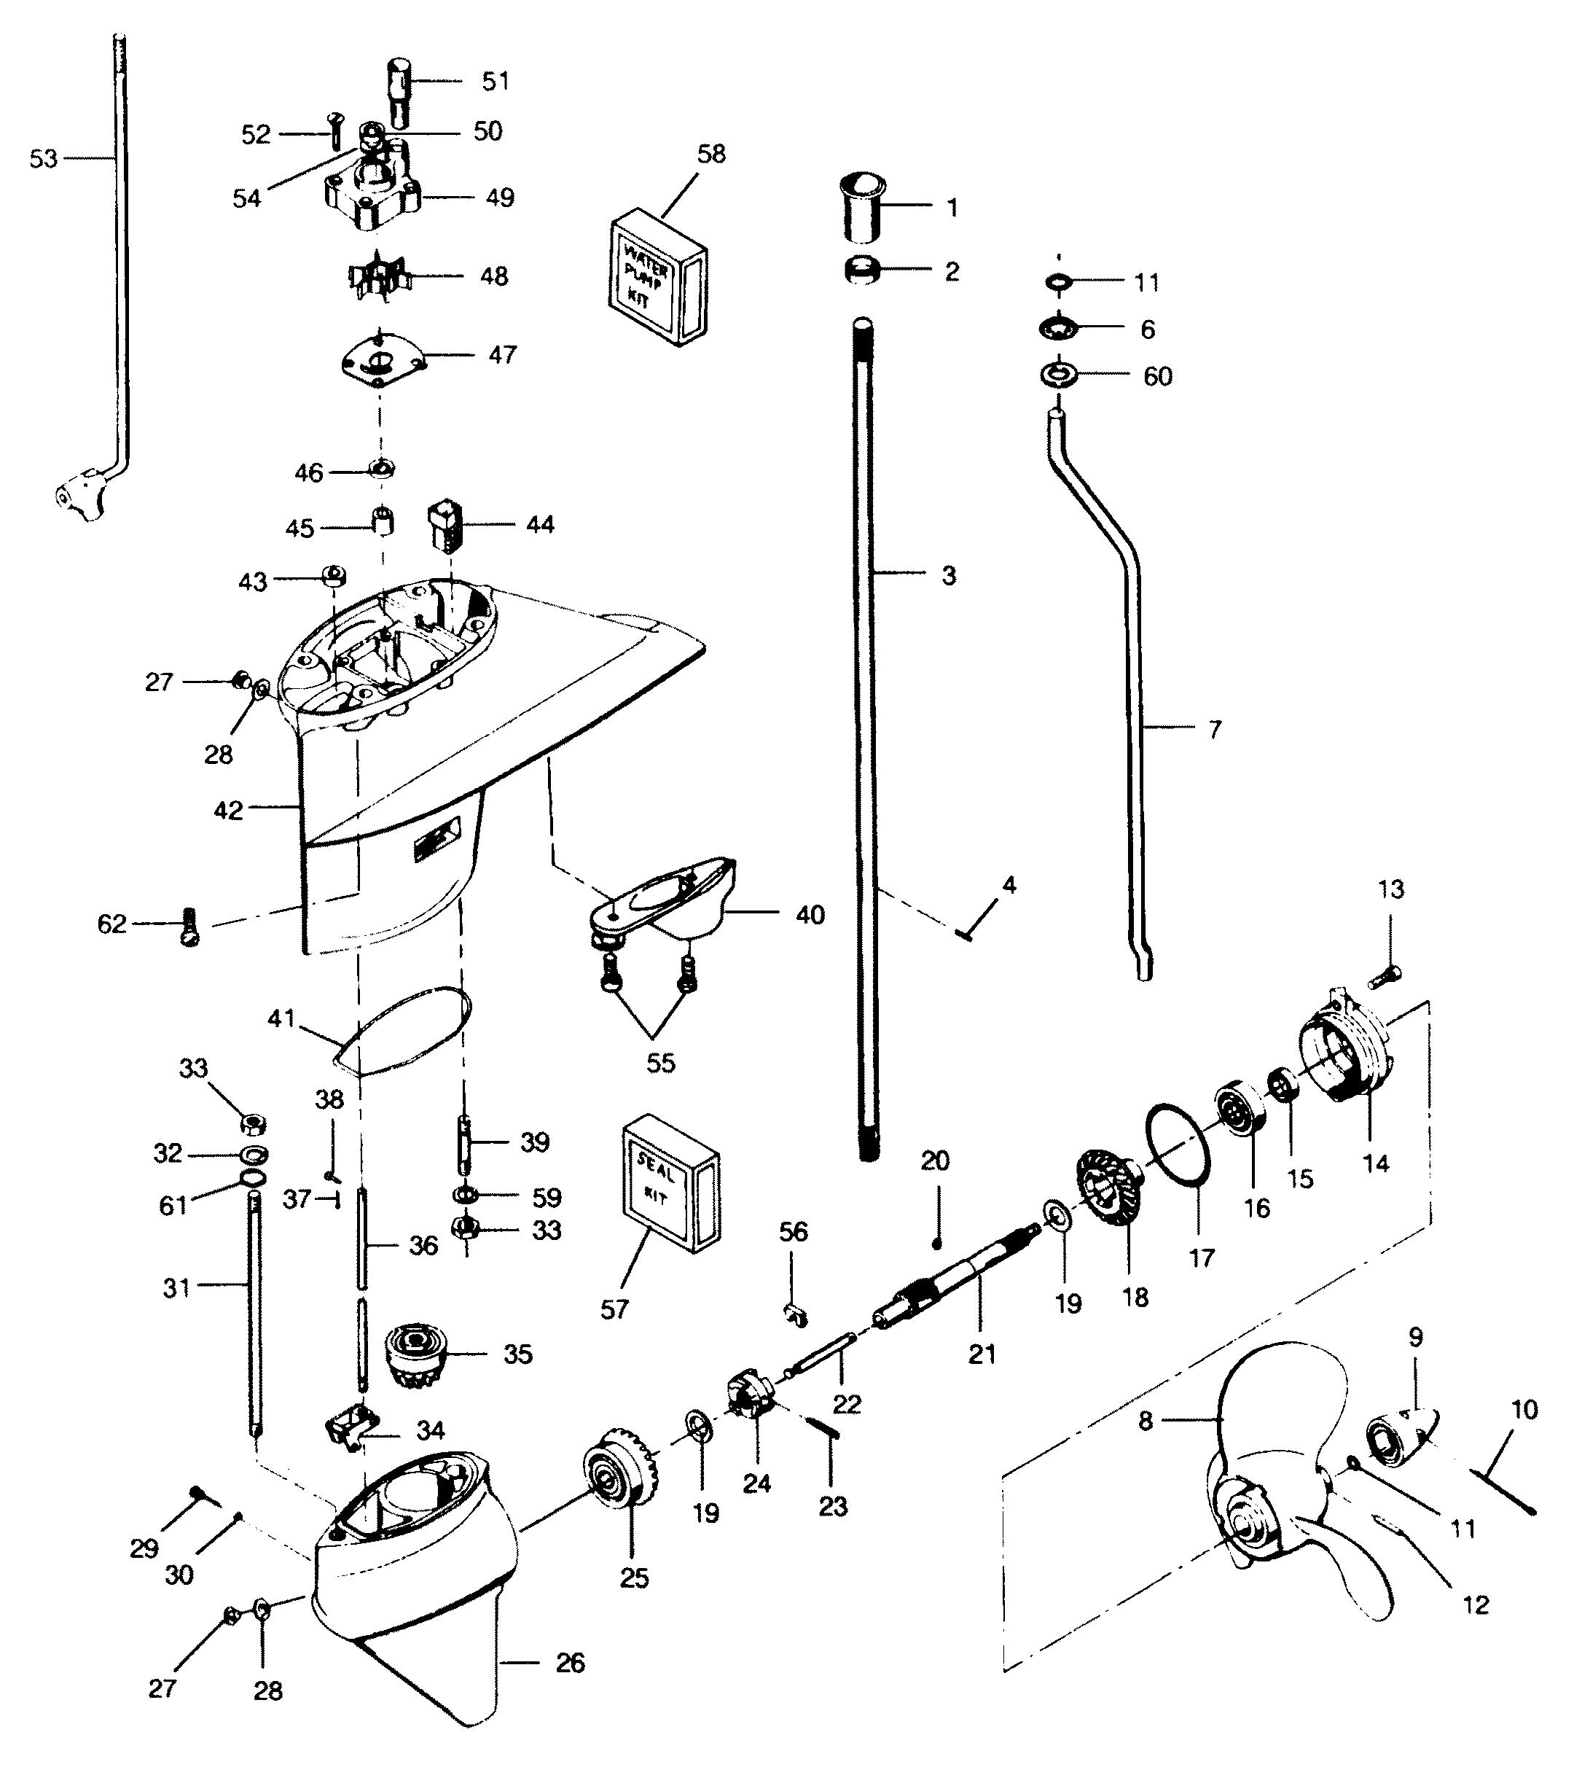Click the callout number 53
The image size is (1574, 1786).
tap(44, 159)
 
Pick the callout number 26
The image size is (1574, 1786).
tap(571, 1663)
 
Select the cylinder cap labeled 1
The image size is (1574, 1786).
tap(863, 207)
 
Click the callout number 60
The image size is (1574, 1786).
tap(1157, 377)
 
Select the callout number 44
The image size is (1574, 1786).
tap(540, 525)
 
